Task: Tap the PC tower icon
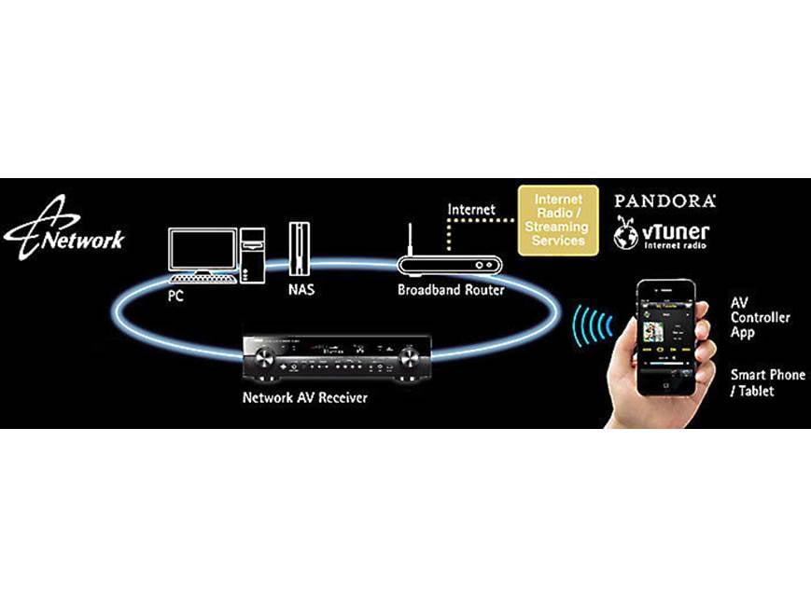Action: pyautogui.click(x=251, y=251)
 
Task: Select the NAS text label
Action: pyautogui.click(x=301, y=289)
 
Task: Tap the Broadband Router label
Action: pyautogui.click(x=451, y=290)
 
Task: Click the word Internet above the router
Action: pyautogui.click(x=471, y=210)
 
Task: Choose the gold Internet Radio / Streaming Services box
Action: pyautogui.click(x=559, y=220)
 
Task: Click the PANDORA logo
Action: pyautogui.click(x=664, y=200)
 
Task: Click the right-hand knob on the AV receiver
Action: pyautogui.click(x=409, y=357)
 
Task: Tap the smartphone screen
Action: pyautogui.click(x=666, y=339)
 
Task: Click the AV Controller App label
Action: pyautogui.click(x=760, y=317)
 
